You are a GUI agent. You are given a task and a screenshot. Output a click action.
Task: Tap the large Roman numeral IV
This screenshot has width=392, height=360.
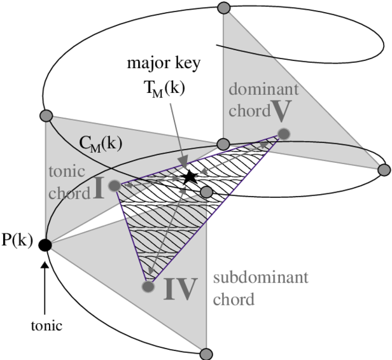(x=180, y=289)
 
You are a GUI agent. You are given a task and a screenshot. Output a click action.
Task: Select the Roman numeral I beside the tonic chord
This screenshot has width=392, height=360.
(x=99, y=190)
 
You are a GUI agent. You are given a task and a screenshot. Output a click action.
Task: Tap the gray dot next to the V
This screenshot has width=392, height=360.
(x=284, y=134)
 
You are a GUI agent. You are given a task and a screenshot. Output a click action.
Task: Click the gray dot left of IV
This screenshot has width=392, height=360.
(x=148, y=287)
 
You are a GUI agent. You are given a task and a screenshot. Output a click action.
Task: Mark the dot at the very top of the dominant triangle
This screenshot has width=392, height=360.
(x=223, y=8)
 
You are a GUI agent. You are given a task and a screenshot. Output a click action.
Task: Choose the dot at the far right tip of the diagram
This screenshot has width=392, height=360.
(x=383, y=169)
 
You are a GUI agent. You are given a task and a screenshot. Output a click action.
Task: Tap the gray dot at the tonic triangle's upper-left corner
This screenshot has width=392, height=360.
(x=46, y=116)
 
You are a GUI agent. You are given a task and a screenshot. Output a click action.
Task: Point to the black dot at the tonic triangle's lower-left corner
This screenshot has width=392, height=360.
(x=48, y=242)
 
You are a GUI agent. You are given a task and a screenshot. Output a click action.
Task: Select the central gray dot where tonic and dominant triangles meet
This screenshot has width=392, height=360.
(x=223, y=144)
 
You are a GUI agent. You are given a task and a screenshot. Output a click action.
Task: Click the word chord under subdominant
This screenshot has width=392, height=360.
(x=234, y=298)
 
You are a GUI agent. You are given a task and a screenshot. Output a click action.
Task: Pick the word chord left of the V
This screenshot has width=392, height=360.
(x=249, y=113)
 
